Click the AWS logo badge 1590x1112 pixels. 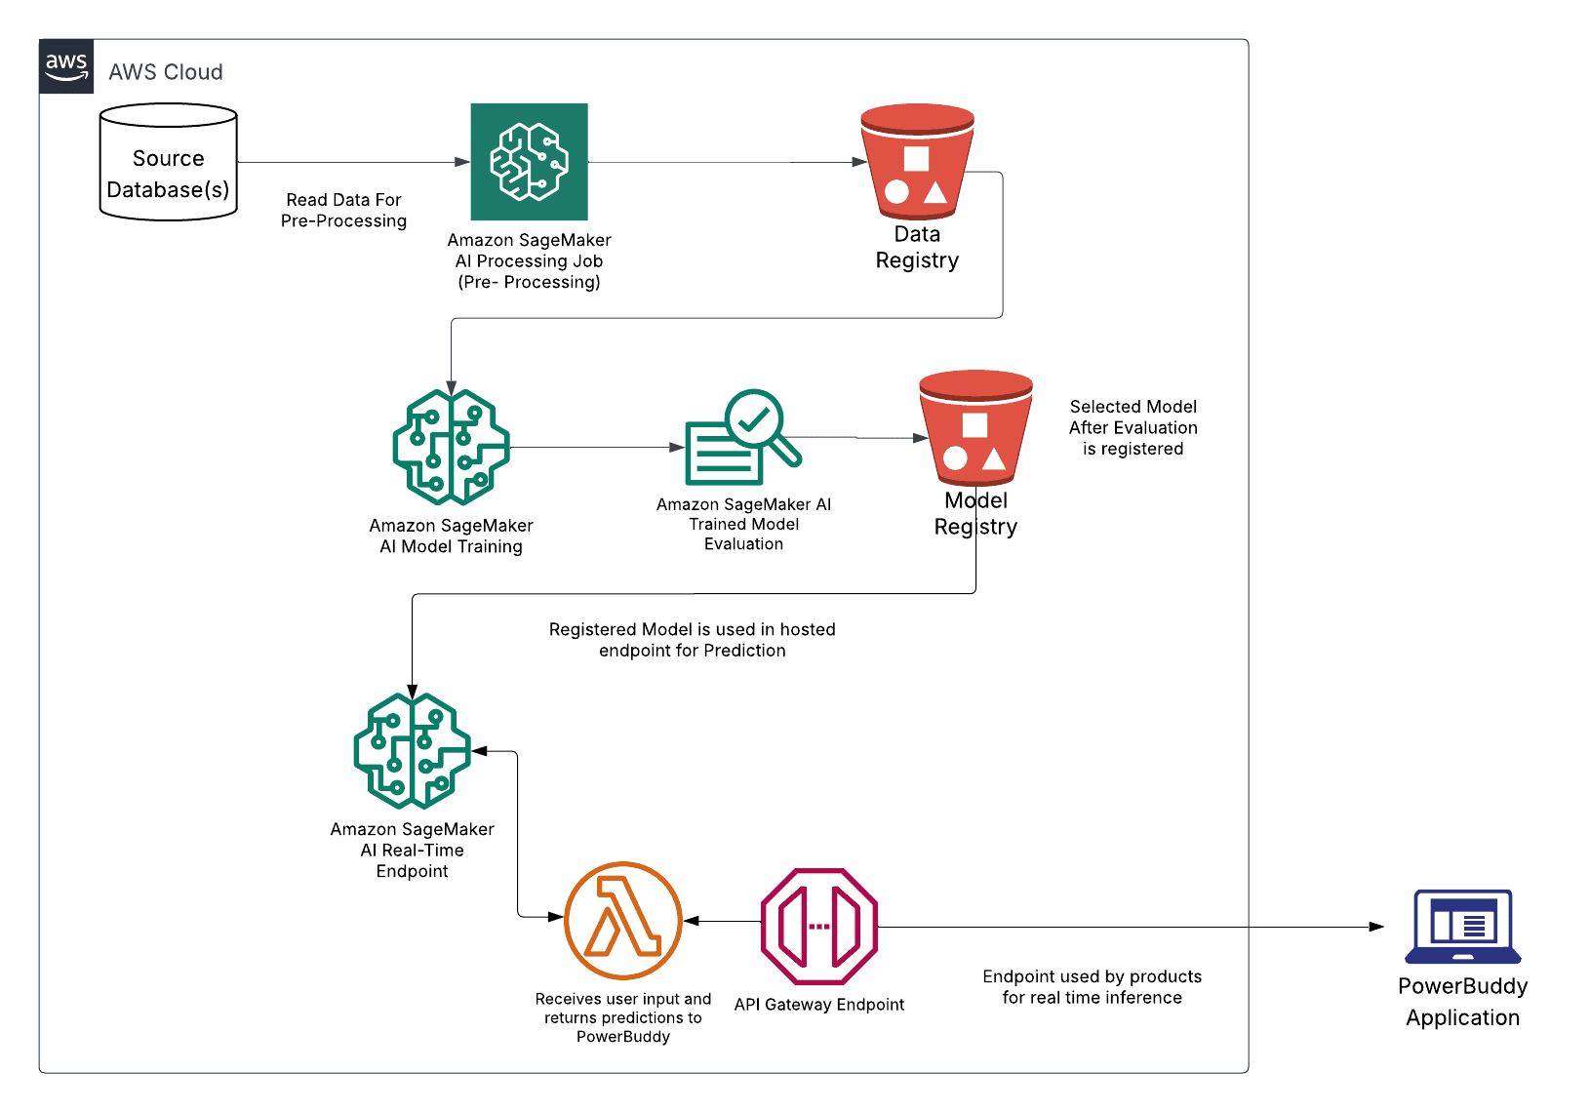[x=66, y=66]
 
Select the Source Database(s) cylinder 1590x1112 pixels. [x=169, y=162]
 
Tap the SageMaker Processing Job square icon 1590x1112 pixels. [x=529, y=162]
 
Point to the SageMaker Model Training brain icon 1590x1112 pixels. [x=451, y=447]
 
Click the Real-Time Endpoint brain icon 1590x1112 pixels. [x=412, y=751]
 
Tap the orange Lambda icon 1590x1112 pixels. [x=623, y=920]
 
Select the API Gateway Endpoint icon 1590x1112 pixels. [x=819, y=926]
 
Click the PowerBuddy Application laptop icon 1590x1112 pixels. [x=1462, y=926]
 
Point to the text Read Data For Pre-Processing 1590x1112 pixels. [x=343, y=211]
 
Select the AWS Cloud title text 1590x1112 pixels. [x=166, y=72]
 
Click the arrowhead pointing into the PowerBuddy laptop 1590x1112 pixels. [x=1376, y=927]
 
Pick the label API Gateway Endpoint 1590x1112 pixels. [x=819, y=1005]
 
